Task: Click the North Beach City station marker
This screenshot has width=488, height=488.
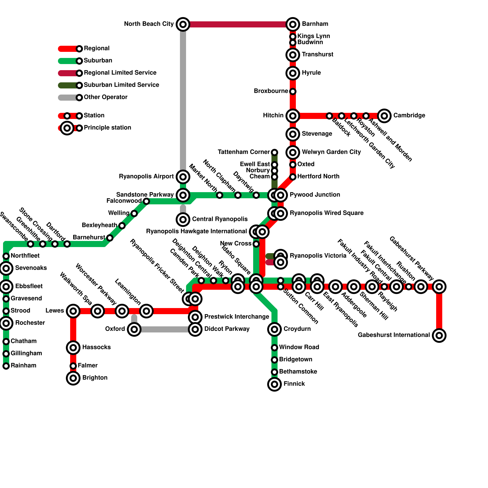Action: pos(183,24)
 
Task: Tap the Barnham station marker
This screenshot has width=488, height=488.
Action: pos(293,24)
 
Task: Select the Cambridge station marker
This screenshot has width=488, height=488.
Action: pos(384,116)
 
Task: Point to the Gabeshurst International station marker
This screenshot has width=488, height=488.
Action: pos(439,335)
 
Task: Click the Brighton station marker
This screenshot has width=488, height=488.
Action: pos(73,378)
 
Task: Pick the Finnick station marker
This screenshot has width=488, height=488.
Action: pos(274,384)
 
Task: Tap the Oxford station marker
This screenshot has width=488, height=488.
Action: pos(134,329)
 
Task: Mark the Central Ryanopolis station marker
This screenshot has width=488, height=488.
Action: pos(183,220)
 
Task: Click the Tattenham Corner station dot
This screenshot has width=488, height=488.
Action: pos(274,152)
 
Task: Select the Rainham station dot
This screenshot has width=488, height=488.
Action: pos(6,366)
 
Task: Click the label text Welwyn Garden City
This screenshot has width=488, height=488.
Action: pos(331,152)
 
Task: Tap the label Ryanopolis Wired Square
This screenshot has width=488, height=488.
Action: pos(326,213)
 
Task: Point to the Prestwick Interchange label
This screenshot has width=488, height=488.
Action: pos(236,317)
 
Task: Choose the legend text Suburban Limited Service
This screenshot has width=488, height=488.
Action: pos(121,85)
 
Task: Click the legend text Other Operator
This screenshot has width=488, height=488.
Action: pos(106,97)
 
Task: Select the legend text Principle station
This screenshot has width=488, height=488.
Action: pos(107,127)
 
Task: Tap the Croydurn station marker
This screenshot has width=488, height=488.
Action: pos(274,329)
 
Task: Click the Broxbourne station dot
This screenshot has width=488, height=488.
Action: pos(293,91)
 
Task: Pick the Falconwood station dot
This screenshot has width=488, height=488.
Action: pos(146,201)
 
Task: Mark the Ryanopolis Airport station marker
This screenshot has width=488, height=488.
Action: pos(183,177)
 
